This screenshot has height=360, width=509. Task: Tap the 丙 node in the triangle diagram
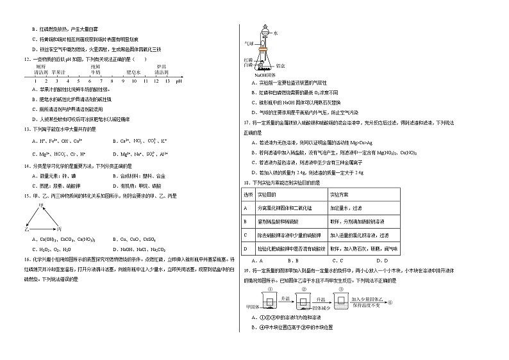(59, 228)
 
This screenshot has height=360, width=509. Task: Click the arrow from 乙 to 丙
(42, 228)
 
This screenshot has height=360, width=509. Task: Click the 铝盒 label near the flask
(280, 65)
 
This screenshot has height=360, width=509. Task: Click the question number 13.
(24, 129)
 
